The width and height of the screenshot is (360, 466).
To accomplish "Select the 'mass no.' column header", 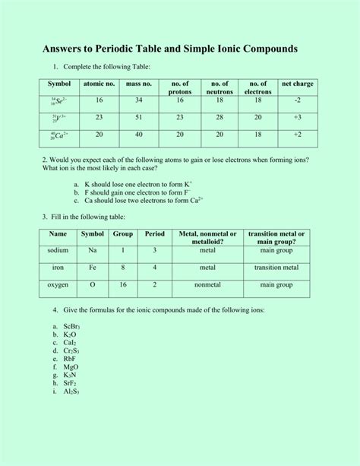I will [139, 83].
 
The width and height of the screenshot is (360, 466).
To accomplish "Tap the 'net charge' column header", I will [298, 83].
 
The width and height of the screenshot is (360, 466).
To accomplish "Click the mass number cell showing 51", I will [139, 117].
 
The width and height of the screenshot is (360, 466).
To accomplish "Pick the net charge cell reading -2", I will [298, 100].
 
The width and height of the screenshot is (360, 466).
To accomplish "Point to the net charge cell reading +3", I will [298, 117].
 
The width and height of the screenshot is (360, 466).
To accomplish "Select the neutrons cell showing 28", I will [219, 117].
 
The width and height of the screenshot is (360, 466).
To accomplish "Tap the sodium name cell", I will [58, 249].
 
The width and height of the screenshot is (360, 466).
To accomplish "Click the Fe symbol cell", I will [93, 268].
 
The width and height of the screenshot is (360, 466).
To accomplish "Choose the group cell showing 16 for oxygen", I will [123, 285].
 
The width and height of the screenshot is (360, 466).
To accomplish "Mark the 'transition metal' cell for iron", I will [276, 268].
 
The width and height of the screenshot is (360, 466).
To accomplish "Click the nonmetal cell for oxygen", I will [207, 285].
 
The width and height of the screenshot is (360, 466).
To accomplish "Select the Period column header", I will [154, 234].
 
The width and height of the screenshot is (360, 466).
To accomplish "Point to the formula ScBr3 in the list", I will [72, 325].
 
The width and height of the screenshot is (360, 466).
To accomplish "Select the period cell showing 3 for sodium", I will [154, 249].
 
